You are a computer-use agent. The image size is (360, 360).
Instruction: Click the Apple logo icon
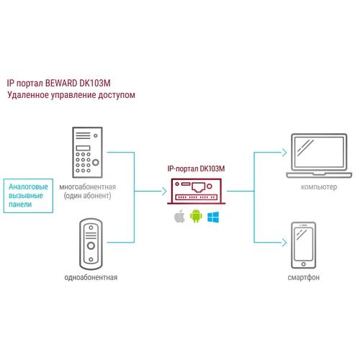tap(179, 217)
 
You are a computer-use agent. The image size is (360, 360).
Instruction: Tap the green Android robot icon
tap(195, 217)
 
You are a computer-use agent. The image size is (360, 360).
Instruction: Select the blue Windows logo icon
tap(212, 217)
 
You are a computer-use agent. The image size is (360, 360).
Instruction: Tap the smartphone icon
tap(302, 244)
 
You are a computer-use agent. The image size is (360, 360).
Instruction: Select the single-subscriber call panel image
tap(91, 244)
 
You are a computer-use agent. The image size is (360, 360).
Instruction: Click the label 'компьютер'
tap(309, 186)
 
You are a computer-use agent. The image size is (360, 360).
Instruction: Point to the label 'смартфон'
tap(303, 276)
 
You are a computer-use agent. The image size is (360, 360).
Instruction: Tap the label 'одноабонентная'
tap(91, 276)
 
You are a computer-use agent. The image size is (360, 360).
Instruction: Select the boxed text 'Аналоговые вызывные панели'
tap(27, 194)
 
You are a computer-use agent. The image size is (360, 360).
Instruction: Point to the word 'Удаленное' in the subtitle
tap(29, 95)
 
